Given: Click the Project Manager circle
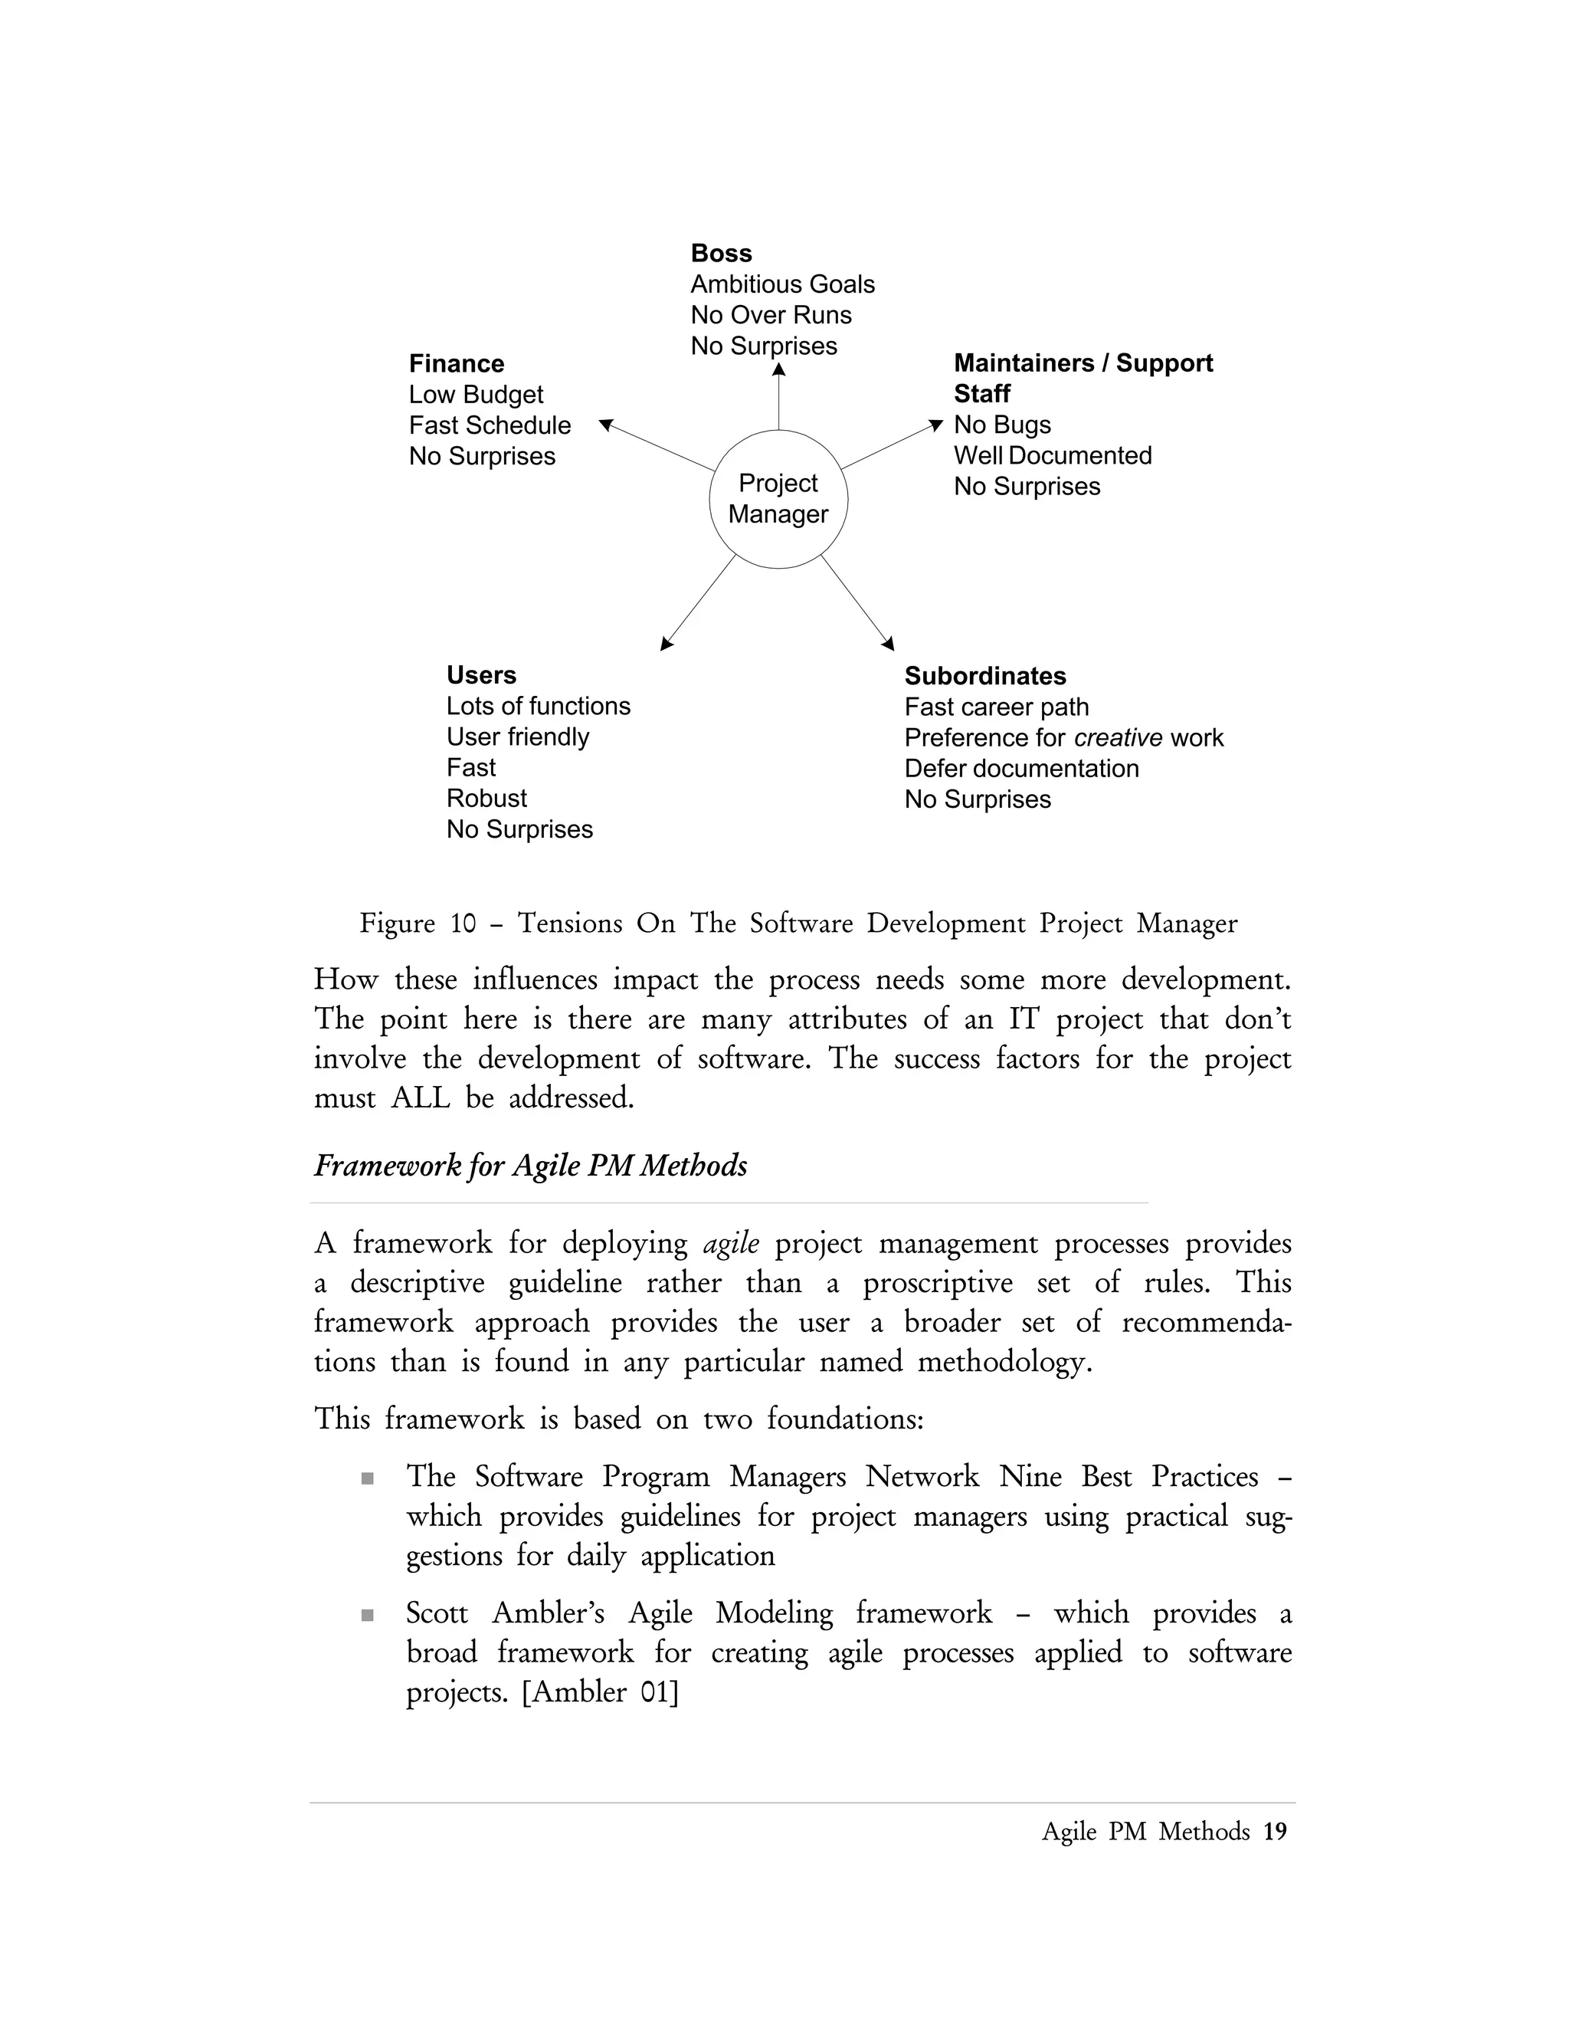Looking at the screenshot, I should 778,500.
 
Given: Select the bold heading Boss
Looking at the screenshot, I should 721,253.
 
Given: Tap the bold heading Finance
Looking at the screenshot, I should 457,363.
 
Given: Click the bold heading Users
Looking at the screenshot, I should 480,675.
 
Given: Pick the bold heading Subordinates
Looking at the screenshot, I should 984,676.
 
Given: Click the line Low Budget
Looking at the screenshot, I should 476,394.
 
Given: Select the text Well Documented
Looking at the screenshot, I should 1052,456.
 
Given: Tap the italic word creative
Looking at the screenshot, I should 1117,737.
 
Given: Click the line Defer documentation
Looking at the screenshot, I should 1020,768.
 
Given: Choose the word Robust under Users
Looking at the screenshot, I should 486,799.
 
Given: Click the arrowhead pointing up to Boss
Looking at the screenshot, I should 779,370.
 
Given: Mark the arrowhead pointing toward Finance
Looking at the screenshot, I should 606,425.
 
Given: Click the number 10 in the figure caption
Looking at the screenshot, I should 463,924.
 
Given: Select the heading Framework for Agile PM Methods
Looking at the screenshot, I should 530,1165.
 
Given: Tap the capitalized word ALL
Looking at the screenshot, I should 420,1098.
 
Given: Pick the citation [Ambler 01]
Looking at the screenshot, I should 601,1691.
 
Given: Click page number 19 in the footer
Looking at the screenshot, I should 1276,1831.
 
